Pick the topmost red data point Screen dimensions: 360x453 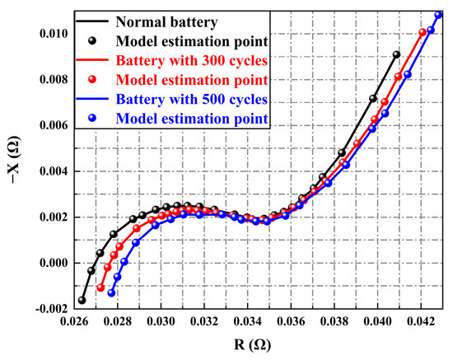423,33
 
